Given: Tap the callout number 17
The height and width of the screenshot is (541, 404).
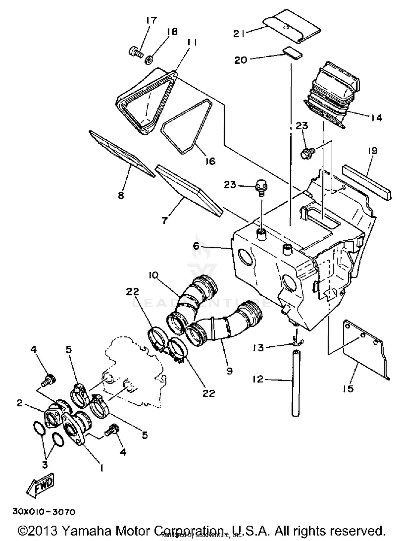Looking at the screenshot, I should pos(151,20).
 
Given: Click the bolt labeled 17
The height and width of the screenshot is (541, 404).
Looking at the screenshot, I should pos(135,52).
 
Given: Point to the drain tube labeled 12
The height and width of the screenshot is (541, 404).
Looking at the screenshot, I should pos(296,383).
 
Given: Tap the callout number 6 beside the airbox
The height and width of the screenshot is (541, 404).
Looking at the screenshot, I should pos(196,246).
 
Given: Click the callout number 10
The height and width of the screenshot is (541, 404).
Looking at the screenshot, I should pos(153,275).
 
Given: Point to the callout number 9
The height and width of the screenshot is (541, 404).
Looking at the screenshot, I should pos(229,371).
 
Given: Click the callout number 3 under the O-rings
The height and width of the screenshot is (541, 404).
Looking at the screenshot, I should pos(44,464).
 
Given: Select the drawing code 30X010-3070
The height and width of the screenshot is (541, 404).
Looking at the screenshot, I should pos(44,512).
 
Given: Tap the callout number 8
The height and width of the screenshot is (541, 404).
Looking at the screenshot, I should pos(121,195).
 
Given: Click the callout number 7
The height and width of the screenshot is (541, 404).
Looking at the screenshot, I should pos(165,220).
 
